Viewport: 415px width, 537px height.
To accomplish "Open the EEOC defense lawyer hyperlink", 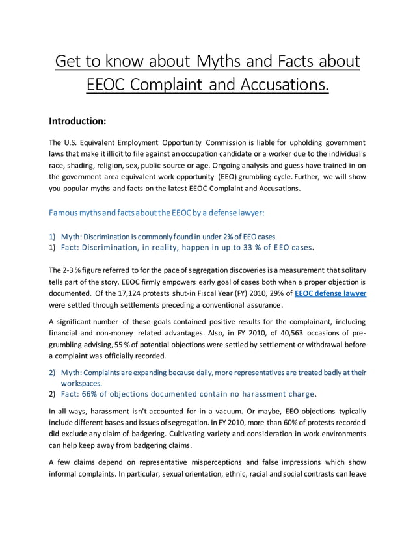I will [330, 293].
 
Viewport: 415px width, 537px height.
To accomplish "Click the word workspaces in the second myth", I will [82, 384].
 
